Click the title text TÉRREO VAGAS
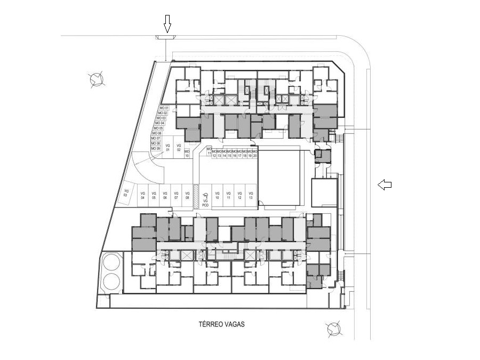(221, 324)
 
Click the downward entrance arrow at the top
(167, 24)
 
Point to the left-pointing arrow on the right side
(385, 185)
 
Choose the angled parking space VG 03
(126, 193)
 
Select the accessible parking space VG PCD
(205, 198)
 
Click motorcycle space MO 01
(163, 108)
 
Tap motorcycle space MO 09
(155, 149)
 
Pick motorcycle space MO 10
(187, 154)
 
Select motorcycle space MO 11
(209, 151)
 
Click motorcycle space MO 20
(255, 154)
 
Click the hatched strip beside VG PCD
(196, 196)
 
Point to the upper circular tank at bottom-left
(111, 262)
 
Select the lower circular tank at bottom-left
(111, 281)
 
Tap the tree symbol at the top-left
(97, 79)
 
